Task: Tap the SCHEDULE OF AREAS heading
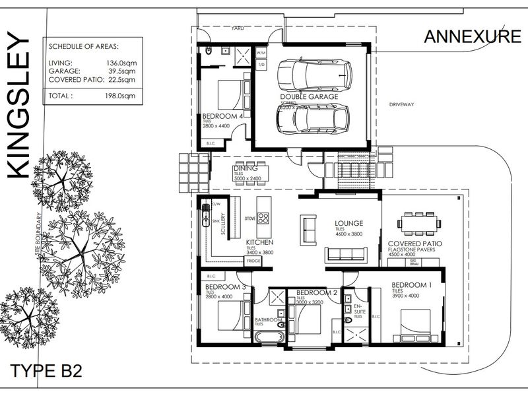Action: [x=83, y=46]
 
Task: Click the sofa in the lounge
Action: [x=346, y=254]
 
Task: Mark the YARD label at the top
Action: [x=237, y=29]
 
